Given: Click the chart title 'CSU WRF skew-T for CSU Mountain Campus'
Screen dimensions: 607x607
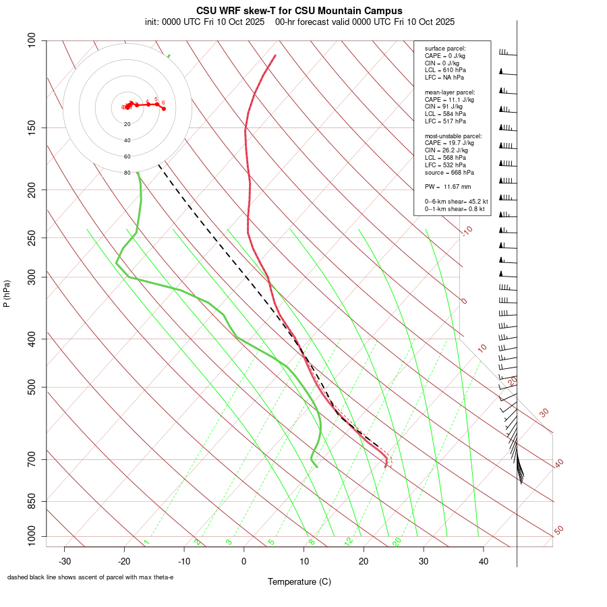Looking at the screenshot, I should (x=299, y=11).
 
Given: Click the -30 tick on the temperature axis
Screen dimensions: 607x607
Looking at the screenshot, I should (x=65, y=561).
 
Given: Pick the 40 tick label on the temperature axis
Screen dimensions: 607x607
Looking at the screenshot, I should (x=483, y=561).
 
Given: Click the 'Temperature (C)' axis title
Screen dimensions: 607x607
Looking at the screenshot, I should (x=299, y=581).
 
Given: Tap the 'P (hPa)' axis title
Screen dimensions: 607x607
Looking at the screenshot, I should (x=7, y=293).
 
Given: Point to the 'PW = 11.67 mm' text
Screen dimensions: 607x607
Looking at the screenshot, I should (x=447, y=186).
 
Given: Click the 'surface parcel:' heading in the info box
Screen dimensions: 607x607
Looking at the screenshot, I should (x=445, y=49).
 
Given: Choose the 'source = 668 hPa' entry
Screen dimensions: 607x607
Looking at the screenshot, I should (x=444, y=172).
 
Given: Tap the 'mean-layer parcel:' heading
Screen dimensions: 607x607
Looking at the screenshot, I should (x=450, y=92).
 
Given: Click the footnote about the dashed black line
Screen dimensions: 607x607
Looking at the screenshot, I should (x=90, y=577).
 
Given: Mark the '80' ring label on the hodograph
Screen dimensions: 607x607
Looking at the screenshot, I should (x=127, y=173).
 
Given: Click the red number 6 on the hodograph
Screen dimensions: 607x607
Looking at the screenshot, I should (x=163, y=103).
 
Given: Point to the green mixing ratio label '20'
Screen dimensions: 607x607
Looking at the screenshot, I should (x=397, y=542).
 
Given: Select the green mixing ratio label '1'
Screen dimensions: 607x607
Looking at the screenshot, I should (x=146, y=542).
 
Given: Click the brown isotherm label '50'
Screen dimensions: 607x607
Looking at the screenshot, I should (x=558, y=530).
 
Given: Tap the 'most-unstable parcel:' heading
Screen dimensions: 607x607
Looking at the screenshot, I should (x=453, y=136).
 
